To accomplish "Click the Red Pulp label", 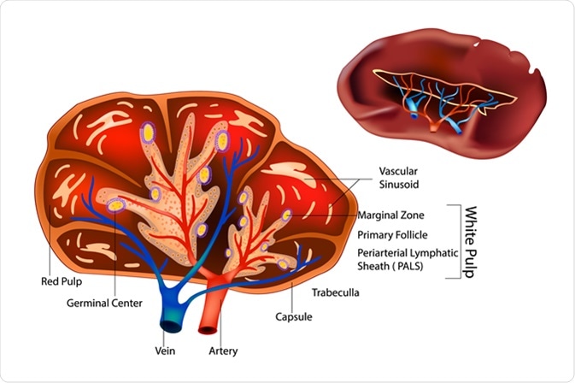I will pos(60,280).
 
